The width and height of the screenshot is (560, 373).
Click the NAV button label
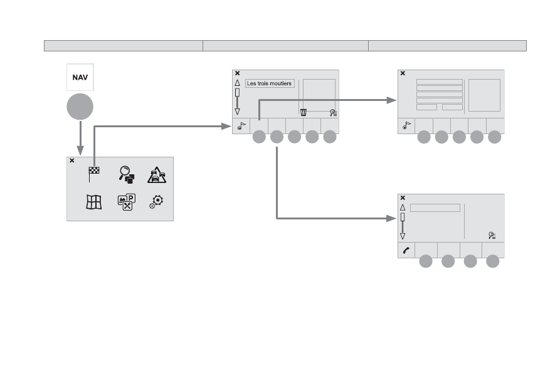[80, 78]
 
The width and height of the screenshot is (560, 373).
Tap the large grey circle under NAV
[80, 107]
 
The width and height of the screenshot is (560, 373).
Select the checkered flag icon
[93, 174]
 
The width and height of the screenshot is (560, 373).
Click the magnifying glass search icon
[127, 174]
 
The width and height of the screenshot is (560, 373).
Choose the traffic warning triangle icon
[157, 175]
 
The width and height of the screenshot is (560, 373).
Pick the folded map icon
[94, 202]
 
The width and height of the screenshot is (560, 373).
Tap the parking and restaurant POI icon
[127, 202]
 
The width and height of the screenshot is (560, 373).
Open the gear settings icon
[156, 202]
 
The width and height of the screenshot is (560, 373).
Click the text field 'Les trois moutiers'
[270, 83]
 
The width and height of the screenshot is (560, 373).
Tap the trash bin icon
[304, 112]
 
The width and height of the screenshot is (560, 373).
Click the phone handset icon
[406, 251]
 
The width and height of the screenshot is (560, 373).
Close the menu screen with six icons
[71, 160]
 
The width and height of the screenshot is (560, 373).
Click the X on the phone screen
[403, 197]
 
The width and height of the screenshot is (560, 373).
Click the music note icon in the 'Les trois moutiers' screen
[241, 126]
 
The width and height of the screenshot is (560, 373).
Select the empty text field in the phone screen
[435, 208]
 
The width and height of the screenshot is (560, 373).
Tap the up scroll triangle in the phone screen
[403, 208]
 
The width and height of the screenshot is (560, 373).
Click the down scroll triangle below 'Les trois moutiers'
[237, 112]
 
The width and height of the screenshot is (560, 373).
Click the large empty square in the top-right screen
[484, 95]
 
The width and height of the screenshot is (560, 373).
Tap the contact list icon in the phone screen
[492, 236]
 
